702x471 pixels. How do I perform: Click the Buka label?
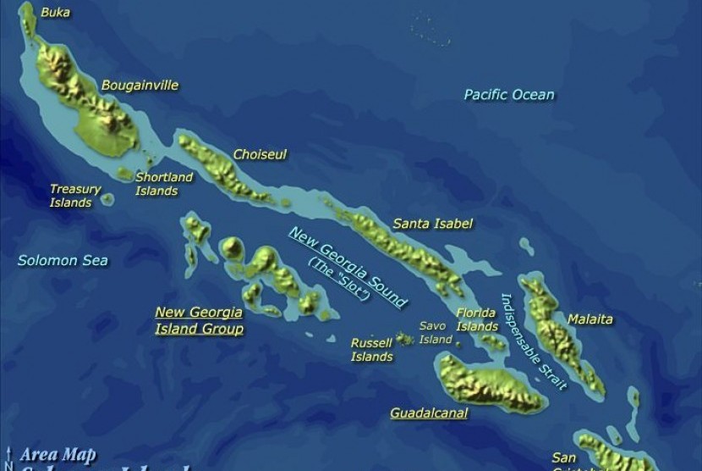click(x=56, y=12)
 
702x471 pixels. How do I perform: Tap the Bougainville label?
click(x=140, y=86)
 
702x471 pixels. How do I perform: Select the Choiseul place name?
click(x=260, y=155)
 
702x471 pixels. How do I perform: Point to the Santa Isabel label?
click(x=432, y=224)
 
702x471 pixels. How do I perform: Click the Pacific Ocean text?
click(x=509, y=95)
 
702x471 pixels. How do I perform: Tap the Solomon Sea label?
click(x=63, y=260)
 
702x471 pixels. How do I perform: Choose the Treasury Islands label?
click(x=74, y=196)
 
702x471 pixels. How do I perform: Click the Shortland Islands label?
click(x=164, y=184)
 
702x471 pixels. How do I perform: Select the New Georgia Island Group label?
click(x=199, y=320)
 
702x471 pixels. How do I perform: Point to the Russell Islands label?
click(x=372, y=350)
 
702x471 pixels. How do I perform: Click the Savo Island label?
click(x=436, y=332)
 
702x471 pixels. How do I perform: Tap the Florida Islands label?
click(x=477, y=319)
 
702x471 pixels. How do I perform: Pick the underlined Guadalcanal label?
click(x=429, y=413)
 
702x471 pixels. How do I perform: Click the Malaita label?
click(x=590, y=319)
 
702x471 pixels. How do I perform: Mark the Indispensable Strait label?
click(x=533, y=341)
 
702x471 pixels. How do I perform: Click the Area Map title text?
click(x=58, y=455)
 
